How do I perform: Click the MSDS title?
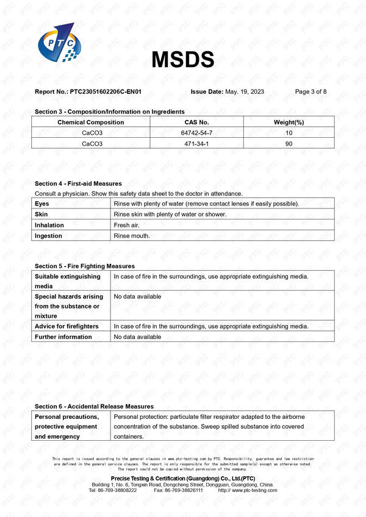click(x=183, y=59)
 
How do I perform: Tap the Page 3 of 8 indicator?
click(x=310, y=91)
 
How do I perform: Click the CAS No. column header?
click(x=195, y=122)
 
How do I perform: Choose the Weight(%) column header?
click(x=289, y=122)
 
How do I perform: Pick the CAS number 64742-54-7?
click(x=195, y=132)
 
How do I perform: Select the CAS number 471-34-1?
click(x=195, y=143)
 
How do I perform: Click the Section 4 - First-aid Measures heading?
click(x=78, y=184)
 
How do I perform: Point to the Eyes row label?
click(x=42, y=203)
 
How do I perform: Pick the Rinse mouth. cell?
click(x=132, y=235)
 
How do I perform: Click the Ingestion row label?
click(x=48, y=235)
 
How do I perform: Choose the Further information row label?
click(x=63, y=337)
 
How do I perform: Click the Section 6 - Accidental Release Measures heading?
click(x=94, y=406)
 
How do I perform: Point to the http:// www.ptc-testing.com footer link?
click(x=247, y=490)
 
